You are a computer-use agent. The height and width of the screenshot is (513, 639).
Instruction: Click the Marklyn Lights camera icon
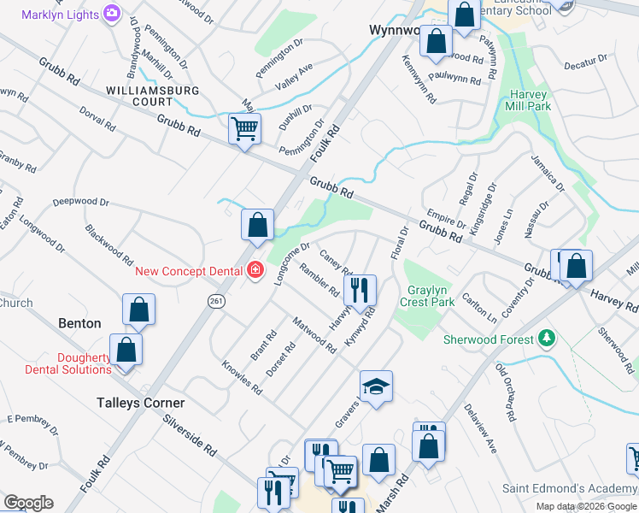coord(111,14)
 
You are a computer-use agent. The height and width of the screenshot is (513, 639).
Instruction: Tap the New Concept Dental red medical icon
coord(255,271)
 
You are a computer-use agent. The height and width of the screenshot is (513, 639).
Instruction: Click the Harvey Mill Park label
coord(530,100)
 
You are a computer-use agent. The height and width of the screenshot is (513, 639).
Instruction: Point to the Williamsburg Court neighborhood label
coord(153,96)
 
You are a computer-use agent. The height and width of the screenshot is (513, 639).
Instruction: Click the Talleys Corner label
coord(140,403)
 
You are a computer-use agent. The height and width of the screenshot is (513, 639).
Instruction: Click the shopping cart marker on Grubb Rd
coord(244,130)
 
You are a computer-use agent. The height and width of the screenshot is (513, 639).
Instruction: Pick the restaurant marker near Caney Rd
coord(362,289)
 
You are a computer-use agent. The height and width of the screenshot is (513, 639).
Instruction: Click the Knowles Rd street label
coord(241,376)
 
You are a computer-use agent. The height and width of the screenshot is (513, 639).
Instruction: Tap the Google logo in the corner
coord(28,503)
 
